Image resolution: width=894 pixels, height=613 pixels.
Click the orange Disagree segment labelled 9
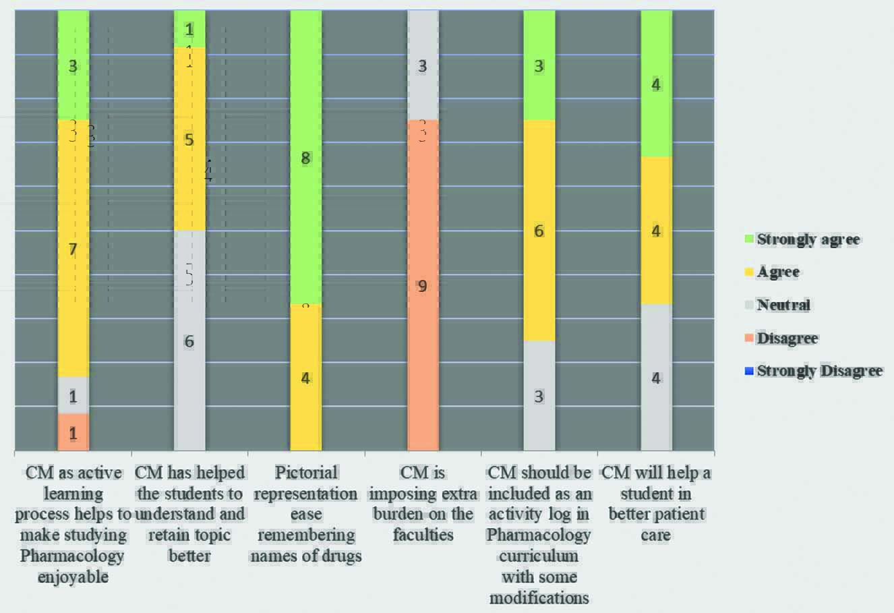coord(423,285)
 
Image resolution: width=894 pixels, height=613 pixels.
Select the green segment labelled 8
coord(306,158)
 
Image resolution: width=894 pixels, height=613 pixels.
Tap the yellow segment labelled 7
coord(73,249)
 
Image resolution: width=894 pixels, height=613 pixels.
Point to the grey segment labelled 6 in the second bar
coord(189,341)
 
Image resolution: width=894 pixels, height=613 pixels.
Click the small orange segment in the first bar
coord(73,432)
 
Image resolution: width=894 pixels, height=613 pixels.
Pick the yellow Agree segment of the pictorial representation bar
coord(306,378)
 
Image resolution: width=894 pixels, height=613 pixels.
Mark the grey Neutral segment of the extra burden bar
coord(423,65)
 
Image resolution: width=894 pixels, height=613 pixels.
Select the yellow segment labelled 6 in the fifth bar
coord(539,231)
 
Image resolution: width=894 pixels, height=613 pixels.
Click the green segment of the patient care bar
coord(656,84)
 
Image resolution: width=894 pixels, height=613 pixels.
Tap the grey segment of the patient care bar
coord(656,378)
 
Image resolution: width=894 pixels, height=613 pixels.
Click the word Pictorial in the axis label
coord(306,473)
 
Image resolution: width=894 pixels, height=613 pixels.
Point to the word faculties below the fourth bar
coord(423,535)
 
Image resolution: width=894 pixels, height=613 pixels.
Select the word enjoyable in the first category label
coord(73,577)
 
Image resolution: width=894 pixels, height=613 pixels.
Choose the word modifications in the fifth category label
coord(539,598)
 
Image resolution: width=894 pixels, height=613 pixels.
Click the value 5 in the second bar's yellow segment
coord(189,140)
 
